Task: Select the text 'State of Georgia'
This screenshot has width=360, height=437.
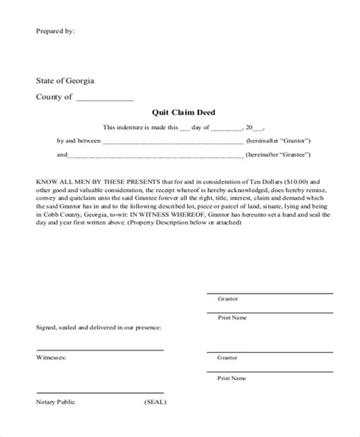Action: [x=65, y=80]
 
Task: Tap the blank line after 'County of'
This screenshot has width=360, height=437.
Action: [x=105, y=98]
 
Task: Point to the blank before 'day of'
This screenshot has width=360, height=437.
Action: [x=186, y=128]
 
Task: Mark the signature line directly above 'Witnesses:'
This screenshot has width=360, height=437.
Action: [x=99, y=350]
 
